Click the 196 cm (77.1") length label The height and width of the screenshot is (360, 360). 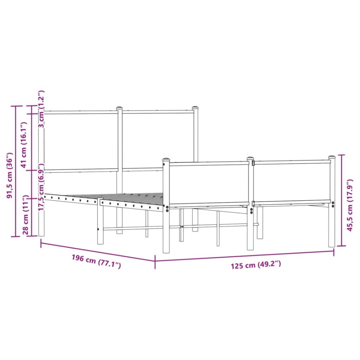tap(96, 262)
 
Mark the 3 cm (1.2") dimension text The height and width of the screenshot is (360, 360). tap(41, 114)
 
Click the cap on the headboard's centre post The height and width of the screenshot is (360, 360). tap(119, 108)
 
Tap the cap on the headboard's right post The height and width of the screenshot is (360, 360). tap(195, 108)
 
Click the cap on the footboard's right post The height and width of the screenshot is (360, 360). tap(332, 157)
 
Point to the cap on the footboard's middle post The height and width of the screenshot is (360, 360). tap(250, 158)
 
